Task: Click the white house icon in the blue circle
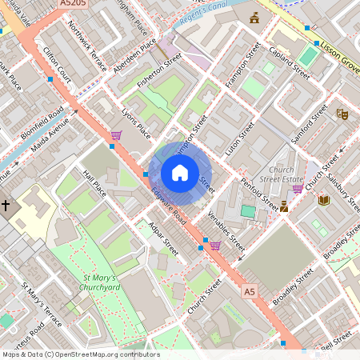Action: point(180,172)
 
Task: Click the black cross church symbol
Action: point(6,206)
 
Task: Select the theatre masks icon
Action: point(342,114)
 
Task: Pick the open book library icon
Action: point(324,200)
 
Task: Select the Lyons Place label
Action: point(135,125)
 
